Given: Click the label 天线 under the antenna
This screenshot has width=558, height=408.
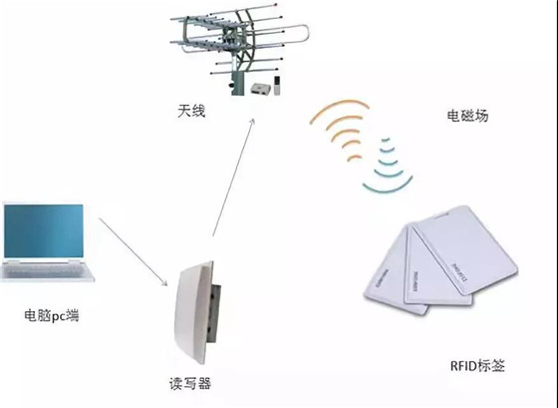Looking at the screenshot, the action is click(x=191, y=111).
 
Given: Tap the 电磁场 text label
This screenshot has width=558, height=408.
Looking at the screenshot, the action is click(x=467, y=116).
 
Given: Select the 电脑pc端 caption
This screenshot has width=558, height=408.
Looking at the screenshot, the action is click(x=51, y=315).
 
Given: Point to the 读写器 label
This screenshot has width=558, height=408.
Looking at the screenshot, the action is click(x=190, y=384).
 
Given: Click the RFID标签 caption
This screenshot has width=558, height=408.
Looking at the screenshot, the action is click(x=477, y=366).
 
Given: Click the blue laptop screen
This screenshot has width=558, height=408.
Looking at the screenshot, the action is click(x=44, y=230).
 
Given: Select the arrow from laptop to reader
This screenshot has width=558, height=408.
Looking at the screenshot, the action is click(x=134, y=252).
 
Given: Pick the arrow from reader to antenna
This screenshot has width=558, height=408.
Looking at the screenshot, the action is click(x=233, y=178).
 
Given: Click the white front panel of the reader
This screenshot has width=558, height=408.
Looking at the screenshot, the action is click(x=192, y=313).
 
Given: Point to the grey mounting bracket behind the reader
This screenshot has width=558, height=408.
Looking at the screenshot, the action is click(x=214, y=313).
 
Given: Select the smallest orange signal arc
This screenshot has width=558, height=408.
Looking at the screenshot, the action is click(x=355, y=158).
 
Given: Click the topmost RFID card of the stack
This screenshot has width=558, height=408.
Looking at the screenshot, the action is click(x=466, y=249).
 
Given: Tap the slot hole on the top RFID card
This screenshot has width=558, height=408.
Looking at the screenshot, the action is click(x=442, y=214).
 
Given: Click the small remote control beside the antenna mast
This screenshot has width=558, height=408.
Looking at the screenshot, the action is click(x=277, y=86).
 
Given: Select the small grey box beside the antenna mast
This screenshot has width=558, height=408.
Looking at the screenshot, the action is click(x=260, y=89).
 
